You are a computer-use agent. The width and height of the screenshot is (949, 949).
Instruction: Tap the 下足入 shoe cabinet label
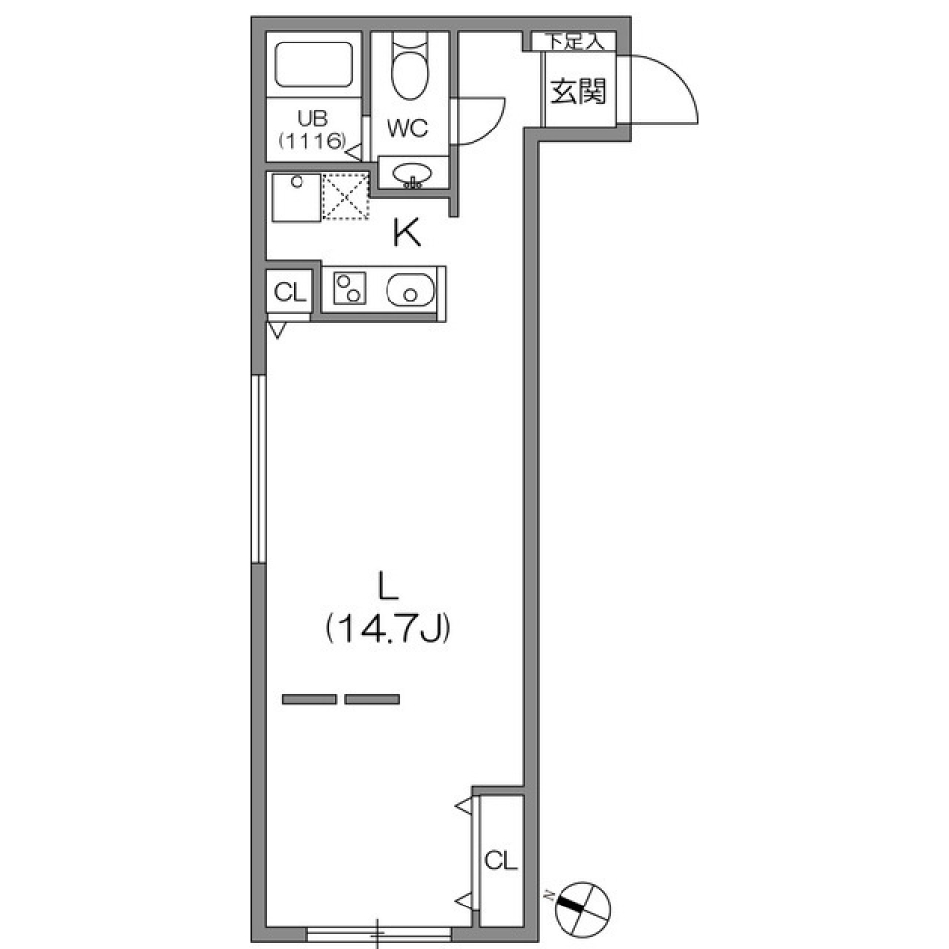coord(574,42)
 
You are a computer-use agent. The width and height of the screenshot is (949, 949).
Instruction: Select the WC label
coord(406,128)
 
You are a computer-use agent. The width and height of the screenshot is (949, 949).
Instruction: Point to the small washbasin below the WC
coord(410,175)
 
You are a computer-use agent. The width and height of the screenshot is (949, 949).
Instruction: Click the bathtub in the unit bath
coord(313,64)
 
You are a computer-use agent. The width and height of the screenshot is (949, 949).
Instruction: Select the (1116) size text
coord(310,141)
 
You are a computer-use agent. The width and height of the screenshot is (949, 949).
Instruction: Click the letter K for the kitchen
coord(406,235)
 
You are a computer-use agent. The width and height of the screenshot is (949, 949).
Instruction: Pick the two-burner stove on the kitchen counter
coord(349,290)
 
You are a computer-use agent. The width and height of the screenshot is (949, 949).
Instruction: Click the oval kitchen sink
coord(408,291)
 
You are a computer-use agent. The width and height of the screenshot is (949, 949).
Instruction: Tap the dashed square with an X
coord(346,197)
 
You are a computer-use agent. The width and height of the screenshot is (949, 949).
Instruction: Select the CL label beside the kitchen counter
coord(290,292)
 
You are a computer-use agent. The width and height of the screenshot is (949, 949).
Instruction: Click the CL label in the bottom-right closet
coord(501,860)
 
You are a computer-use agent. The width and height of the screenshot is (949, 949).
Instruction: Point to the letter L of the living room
coord(387,587)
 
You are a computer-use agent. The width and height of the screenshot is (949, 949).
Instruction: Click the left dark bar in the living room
coord(308,699)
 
